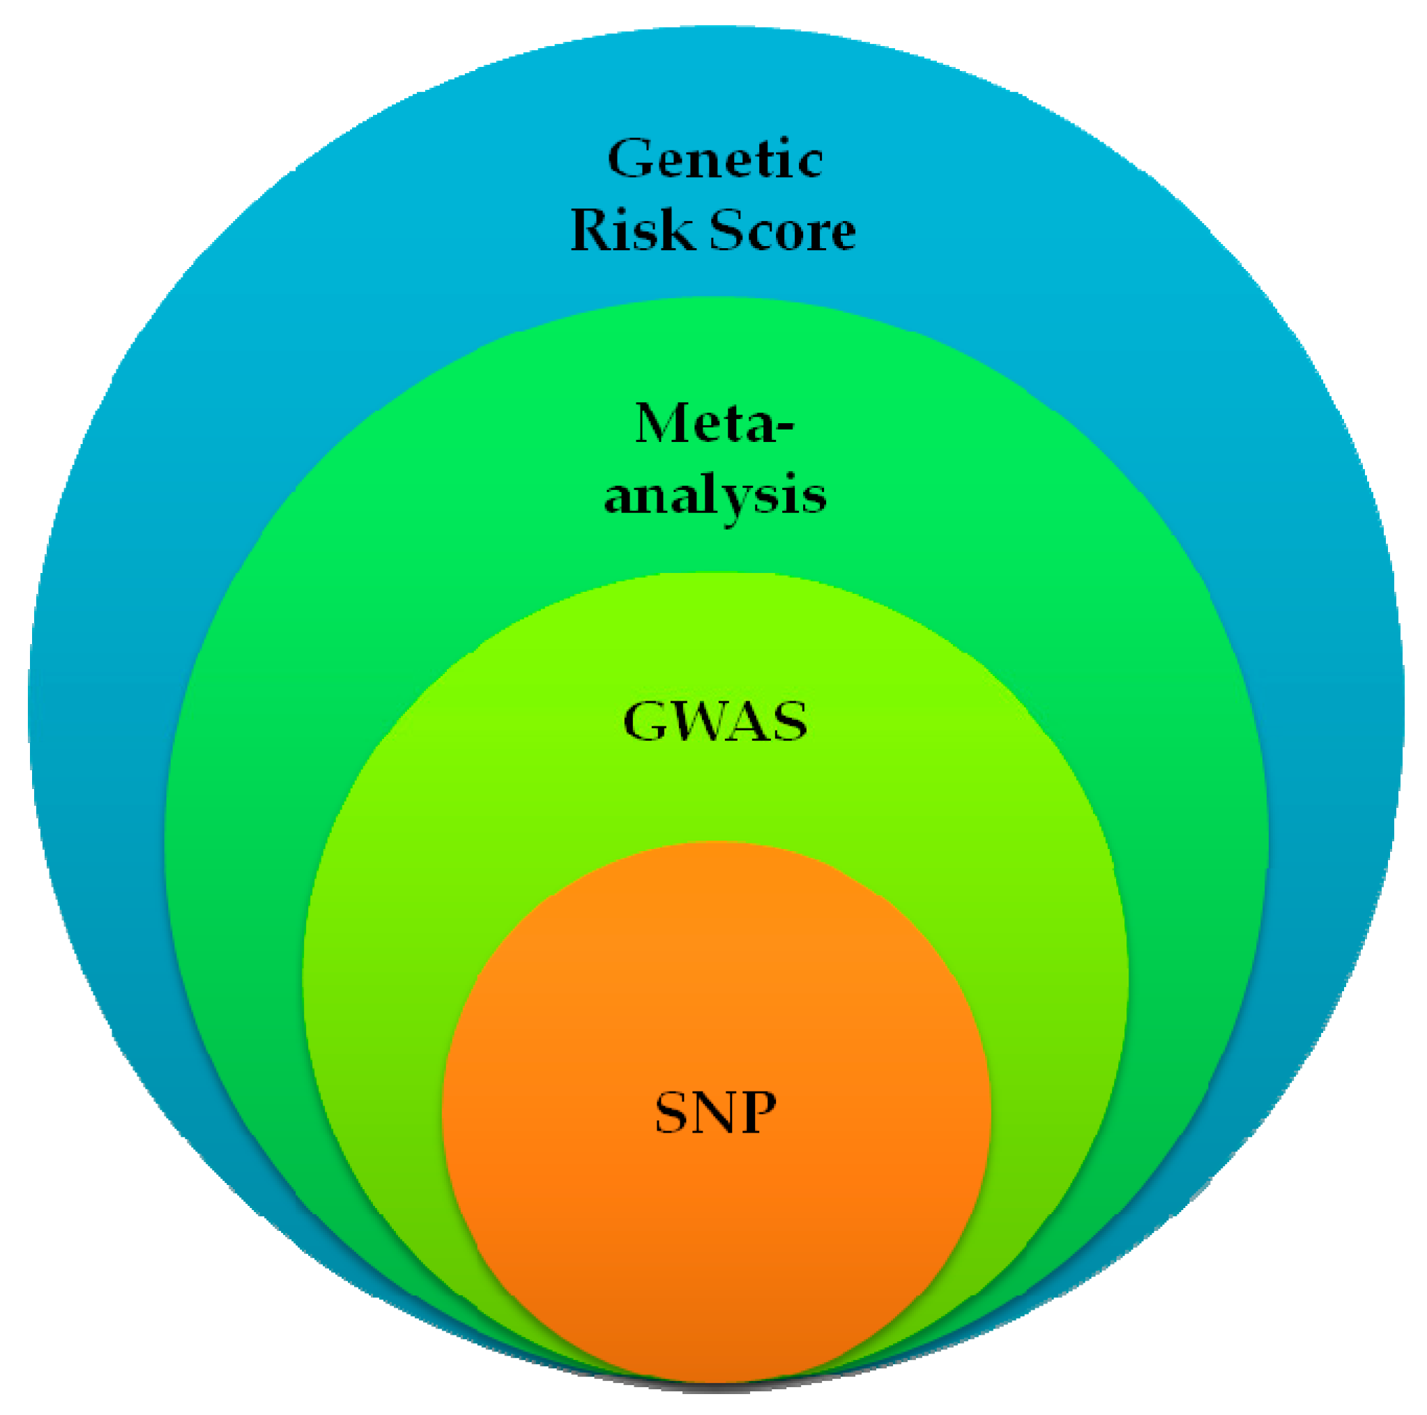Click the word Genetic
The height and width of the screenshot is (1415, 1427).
coord(715,158)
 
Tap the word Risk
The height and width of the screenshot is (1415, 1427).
coord(629,230)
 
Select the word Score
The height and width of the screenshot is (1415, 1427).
coord(782,230)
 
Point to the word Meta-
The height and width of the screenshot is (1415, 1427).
coord(715,424)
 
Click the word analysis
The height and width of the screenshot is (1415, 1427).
coord(715,496)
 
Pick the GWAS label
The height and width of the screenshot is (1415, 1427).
coord(715,721)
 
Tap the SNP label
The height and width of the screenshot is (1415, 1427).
coord(716,1112)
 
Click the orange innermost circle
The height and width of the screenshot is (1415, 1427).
coord(716,1218)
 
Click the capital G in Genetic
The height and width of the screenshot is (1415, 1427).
coord(629,158)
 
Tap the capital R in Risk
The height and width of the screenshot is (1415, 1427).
coord(593,230)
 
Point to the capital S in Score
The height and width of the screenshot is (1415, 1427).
coord(728,230)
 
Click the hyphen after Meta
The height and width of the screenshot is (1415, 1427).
coord(786,429)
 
